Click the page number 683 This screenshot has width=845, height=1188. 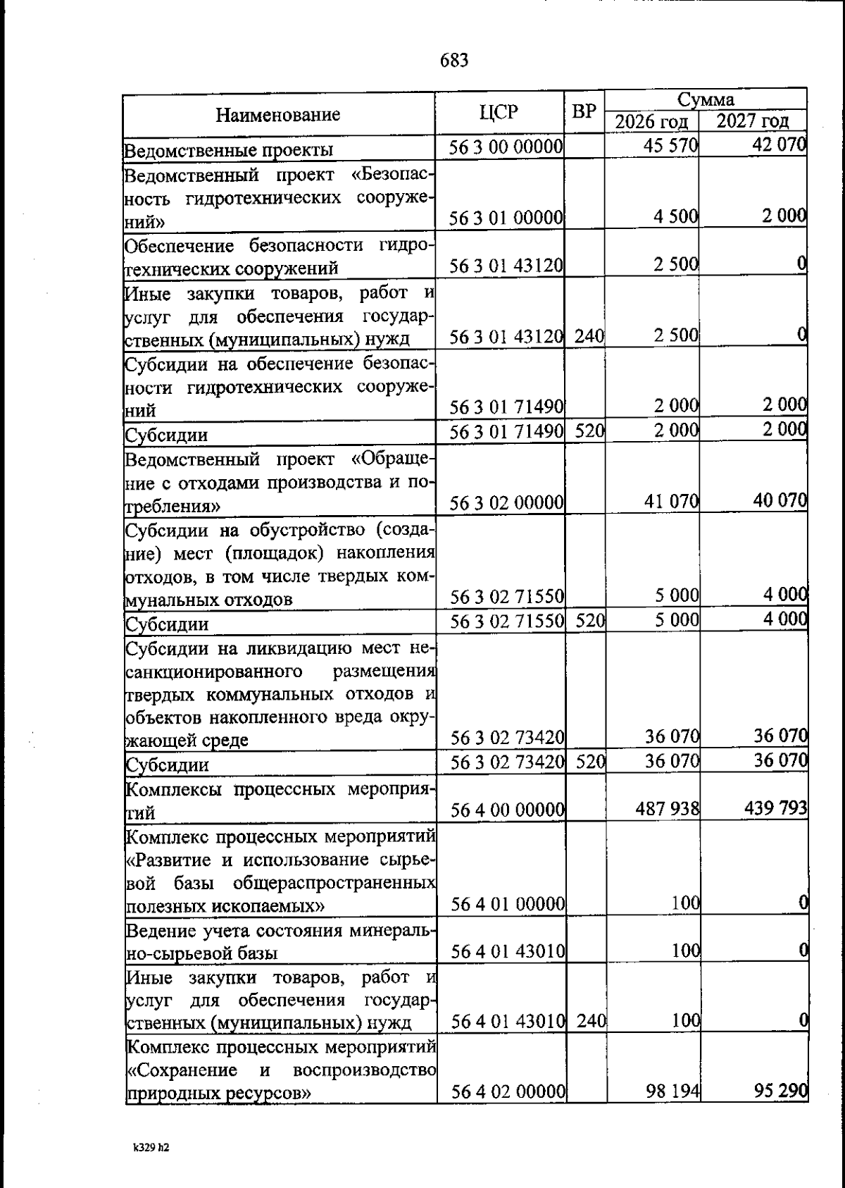point(454,61)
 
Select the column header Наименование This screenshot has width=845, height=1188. point(277,114)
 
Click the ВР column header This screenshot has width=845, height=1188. point(584,112)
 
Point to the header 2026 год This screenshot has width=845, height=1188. point(651,122)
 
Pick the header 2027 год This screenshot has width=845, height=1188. point(752,121)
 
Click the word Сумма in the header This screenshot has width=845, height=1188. point(706,99)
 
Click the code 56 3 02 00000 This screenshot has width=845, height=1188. point(507,502)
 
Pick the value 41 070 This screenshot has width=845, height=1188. point(671,502)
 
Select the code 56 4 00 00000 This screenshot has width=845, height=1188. point(508,810)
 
